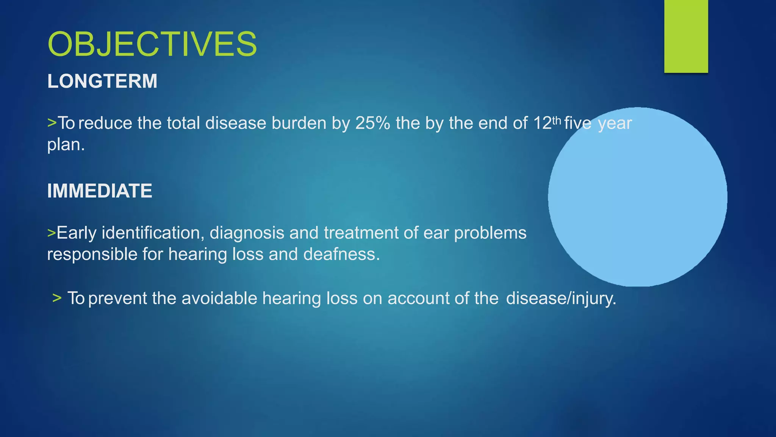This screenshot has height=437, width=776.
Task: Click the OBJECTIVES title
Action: point(152,44)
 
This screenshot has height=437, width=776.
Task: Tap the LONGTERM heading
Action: point(102,81)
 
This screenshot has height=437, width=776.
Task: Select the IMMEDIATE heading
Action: point(100,191)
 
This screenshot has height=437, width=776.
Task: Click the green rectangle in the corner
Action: point(686,36)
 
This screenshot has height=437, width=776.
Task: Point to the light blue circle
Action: point(637,197)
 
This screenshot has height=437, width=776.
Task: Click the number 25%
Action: point(372,123)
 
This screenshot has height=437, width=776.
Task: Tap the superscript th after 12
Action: point(556,121)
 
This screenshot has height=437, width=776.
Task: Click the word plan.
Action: point(66,145)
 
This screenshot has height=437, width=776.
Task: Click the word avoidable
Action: point(219,298)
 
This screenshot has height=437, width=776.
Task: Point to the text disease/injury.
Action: point(561,299)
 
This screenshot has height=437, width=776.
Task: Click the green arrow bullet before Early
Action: point(51,233)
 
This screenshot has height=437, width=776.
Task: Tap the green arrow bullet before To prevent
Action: point(57,298)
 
